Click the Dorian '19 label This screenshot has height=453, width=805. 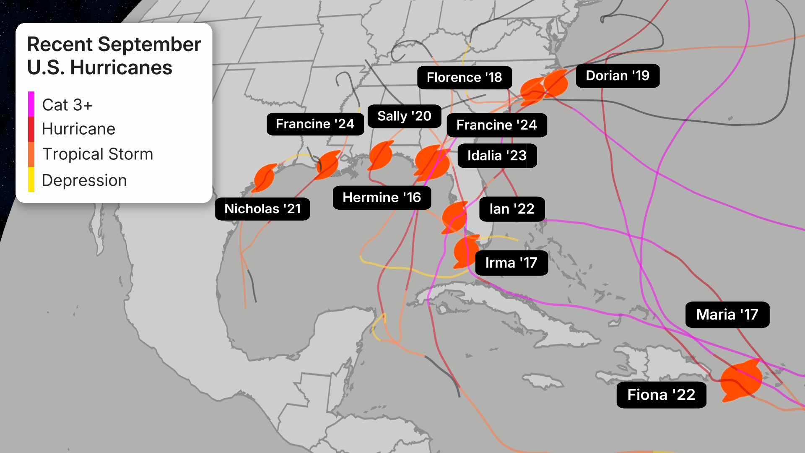tap(617, 76)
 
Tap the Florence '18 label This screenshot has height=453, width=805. tap(464, 78)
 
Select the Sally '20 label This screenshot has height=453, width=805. tap(404, 116)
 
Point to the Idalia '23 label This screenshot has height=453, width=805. tap(497, 156)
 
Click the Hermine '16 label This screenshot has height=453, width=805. tap(382, 198)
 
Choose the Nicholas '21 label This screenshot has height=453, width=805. tap(262, 209)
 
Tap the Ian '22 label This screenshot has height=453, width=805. tap(512, 209)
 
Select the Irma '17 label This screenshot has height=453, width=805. tap(511, 263)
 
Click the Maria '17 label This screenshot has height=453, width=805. tap(727, 315)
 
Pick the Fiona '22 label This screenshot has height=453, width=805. tap(661, 395)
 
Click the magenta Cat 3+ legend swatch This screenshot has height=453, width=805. tap(31, 104)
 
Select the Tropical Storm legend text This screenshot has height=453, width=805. tap(98, 154)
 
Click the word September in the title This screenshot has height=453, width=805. tap(149, 44)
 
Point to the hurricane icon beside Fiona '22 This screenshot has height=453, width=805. tap(741, 380)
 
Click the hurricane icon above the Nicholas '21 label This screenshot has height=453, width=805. tap(265, 177)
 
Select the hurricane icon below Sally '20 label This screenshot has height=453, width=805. tap(381, 155)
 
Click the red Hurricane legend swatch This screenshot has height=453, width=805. tap(31, 129)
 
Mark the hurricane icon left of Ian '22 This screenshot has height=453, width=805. tap(454, 217)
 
